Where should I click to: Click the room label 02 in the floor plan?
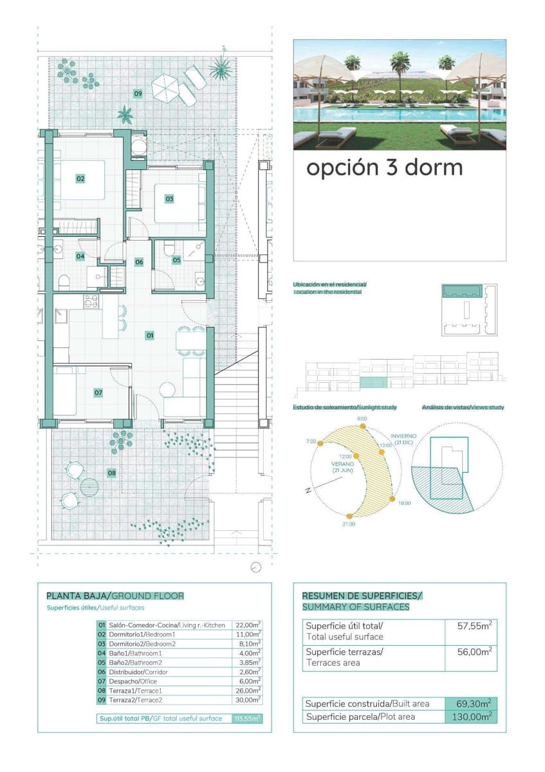tap(80, 178)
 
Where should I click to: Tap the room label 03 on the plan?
tap(169, 199)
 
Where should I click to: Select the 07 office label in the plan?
tap(98, 392)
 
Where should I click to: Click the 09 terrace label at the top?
tap(138, 94)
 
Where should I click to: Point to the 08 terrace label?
tap(112, 473)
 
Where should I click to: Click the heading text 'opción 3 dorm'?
tap(384, 167)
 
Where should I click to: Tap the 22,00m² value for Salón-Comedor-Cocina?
tap(248, 625)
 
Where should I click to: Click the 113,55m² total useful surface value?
tap(247, 719)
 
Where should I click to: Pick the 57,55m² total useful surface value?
tap(474, 625)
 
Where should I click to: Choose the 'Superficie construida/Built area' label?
tap(367, 704)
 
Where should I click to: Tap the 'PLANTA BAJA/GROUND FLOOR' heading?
tap(115, 596)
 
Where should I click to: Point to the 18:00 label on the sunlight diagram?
tap(403, 503)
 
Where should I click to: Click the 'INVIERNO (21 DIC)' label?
tap(403, 439)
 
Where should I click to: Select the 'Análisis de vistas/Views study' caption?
tap(463, 407)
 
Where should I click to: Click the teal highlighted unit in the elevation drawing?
tap(373, 383)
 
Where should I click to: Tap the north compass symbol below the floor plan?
tap(256, 567)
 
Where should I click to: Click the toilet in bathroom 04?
tap(64, 282)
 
